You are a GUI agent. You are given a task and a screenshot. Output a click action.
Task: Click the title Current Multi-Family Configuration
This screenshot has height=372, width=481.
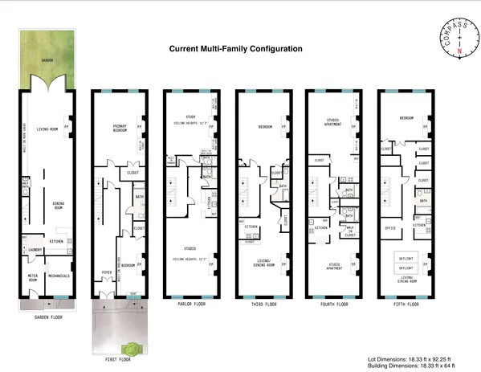(235, 48)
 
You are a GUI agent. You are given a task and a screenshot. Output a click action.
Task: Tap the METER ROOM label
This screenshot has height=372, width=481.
(33, 277)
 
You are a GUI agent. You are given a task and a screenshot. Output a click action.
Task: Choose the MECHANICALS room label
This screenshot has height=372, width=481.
(59, 276)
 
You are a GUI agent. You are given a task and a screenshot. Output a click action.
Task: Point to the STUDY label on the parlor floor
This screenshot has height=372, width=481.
(190, 118)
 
